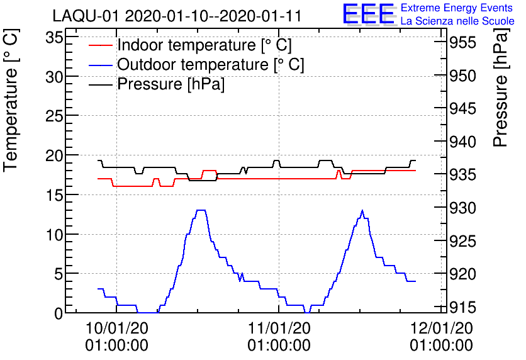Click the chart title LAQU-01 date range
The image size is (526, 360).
pyautogui.click(x=176, y=15)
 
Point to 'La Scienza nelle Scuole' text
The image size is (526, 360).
pyautogui.click(x=457, y=21)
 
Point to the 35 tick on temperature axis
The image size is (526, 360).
pyautogui.click(x=54, y=37)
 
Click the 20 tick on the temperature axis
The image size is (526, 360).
pyautogui.click(x=54, y=155)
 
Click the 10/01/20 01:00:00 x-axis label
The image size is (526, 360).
pyautogui.click(x=116, y=337)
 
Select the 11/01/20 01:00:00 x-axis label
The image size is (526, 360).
pyautogui.click(x=279, y=337)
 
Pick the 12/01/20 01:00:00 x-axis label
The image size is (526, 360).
pyautogui.click(x=441, y=337)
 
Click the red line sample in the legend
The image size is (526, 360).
pyautogui.click(x=101, y=45)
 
